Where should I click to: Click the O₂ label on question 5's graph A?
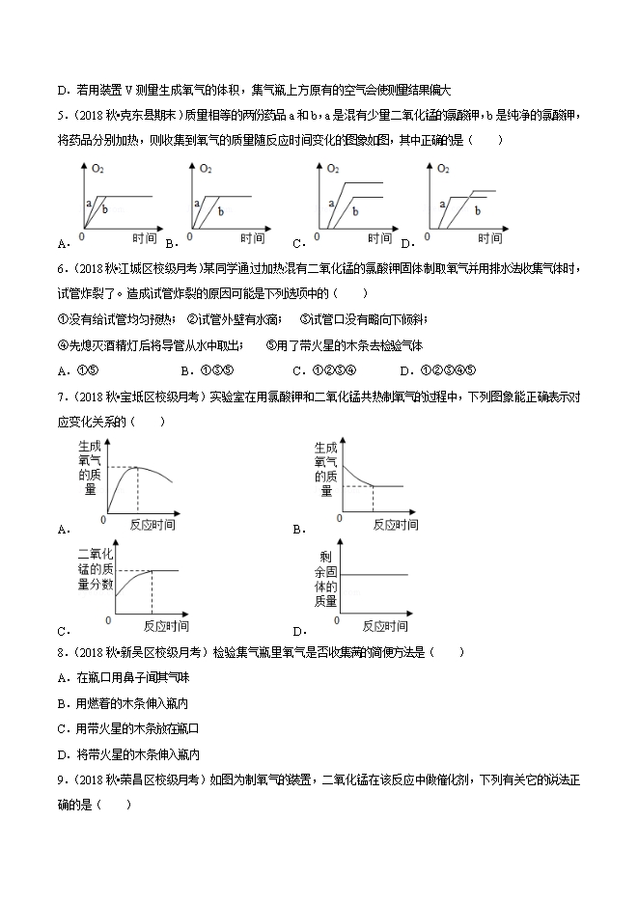[97, 170]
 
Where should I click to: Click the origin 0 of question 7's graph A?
[104, 519]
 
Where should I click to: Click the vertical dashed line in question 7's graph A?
[137, 489]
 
